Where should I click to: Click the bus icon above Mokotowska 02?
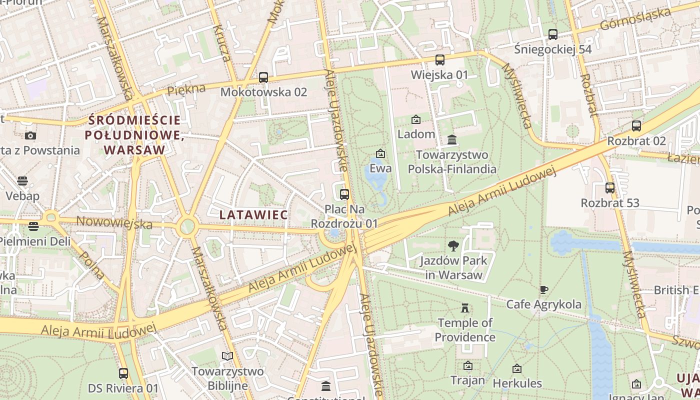[263, 77]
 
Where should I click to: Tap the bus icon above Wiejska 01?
[440, 60]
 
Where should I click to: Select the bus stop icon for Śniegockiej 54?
[553, 34]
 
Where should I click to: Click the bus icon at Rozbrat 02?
[636, 126]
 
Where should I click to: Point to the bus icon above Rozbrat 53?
[610, 188]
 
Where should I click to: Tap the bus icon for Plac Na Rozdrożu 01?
[344, 194]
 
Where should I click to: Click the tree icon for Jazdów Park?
[453, 245]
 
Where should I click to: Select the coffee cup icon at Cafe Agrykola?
[544, 289]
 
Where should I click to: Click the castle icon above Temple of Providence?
[465, 307]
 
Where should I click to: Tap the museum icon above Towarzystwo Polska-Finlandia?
[452, 139]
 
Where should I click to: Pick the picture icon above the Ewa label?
[380, 153]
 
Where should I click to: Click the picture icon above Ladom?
[416, 119]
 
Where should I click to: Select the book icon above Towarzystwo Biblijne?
[227, 356]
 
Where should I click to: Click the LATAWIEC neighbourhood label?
[253, 215]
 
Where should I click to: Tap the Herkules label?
[517, 383]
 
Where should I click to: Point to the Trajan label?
[467, 380]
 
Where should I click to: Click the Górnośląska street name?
[634, 19]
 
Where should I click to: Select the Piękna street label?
[186, 90]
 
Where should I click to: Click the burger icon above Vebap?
[22, 180]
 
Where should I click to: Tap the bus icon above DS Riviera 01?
[123, 373]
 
